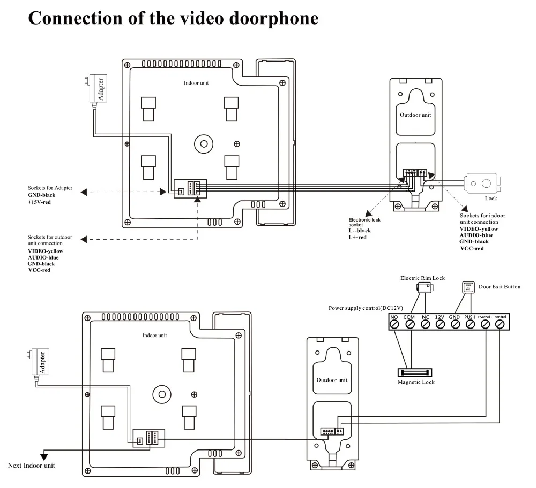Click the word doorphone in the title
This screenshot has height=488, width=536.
[274, 18]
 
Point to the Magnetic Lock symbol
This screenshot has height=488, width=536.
[414, 372]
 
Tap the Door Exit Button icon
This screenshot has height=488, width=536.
[467, 287]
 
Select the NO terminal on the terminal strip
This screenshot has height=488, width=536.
[394, 323]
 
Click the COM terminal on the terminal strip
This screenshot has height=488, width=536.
[410, 323]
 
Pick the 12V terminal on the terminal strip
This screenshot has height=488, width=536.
[440, 323]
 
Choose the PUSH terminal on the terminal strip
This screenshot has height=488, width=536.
[470, 323]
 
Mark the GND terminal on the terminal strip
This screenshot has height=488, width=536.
[455, 323]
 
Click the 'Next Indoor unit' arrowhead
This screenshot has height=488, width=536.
[43, 456]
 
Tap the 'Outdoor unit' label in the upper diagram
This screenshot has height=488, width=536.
[415, 115]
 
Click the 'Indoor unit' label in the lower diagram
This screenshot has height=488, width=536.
[154, 335]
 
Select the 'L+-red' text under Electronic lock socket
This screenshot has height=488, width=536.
[358, 237]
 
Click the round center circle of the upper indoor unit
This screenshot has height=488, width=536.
[203, 143]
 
